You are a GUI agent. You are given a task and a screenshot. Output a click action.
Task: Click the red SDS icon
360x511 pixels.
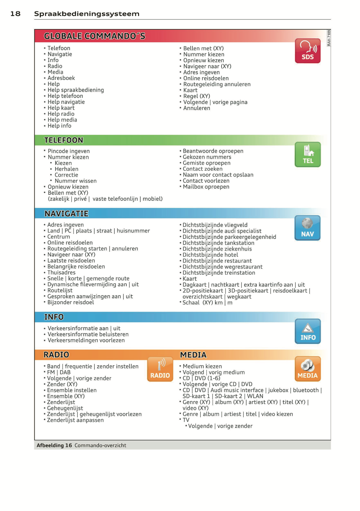(307, 51)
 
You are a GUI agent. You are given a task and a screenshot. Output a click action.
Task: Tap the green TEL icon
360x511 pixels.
(307, 155)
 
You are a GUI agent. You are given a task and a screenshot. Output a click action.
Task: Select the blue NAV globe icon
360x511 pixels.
(307, 228)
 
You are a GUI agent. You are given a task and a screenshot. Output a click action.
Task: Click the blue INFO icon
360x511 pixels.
(307, 331)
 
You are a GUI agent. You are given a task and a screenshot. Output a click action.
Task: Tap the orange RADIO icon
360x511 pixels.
(160, 369)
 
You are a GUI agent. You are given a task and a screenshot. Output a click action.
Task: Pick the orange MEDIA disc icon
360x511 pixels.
(307, 369)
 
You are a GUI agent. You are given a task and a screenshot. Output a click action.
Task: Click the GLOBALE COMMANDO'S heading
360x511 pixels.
(95, 36)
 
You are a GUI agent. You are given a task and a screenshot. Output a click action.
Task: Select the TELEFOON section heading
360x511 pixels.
(64, 140)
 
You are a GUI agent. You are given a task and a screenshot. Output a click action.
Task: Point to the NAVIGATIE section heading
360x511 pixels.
(66, 214)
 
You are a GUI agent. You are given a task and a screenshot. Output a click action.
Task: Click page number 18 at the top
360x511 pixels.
(15, 14)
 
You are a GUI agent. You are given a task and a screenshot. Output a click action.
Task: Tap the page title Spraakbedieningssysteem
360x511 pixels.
(87, 14)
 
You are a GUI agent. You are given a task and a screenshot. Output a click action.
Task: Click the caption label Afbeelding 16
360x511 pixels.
(54, 445)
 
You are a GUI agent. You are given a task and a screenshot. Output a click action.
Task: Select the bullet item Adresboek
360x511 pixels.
(61, 78)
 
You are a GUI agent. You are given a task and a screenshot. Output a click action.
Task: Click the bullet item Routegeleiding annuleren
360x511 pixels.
(217, 84)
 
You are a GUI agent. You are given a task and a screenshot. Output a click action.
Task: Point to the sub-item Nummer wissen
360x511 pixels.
(75, 181)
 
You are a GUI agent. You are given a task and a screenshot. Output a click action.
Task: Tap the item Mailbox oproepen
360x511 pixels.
(206, 187)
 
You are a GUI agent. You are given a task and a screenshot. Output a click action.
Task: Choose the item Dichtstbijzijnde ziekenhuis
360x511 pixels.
(217, 249)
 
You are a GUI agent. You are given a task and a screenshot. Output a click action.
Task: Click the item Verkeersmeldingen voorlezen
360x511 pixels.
(86, 340)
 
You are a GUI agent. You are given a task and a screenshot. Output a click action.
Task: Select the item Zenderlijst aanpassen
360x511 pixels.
(75, 420)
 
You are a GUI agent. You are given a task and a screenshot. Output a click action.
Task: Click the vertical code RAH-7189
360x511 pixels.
(329, 38)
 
